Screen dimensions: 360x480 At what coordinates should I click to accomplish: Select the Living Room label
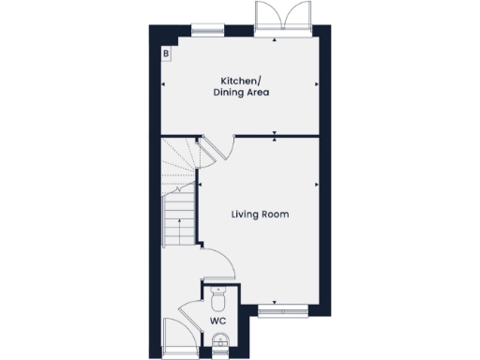point(260,215)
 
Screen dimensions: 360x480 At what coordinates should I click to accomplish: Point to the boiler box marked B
point(166,54)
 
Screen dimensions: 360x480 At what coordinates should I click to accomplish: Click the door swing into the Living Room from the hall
point(212,262)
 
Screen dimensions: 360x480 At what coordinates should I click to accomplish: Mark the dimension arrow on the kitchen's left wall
point(164,84)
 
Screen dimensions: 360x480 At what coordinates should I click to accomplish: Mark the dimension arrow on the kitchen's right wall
point(317,84)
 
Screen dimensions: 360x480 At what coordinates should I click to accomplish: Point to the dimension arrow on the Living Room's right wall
point(317,184)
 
